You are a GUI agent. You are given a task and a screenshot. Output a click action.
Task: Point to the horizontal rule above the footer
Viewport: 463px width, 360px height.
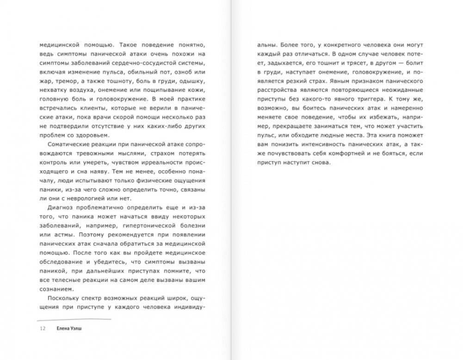pyautogui.click(x=74, y=319)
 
